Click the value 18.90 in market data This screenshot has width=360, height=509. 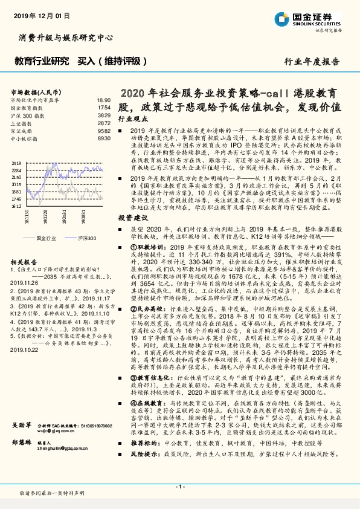point(104,100)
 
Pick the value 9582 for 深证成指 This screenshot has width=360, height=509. point(104,130)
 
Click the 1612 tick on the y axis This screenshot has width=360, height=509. point(16,206)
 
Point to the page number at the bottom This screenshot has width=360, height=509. point(179,486)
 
